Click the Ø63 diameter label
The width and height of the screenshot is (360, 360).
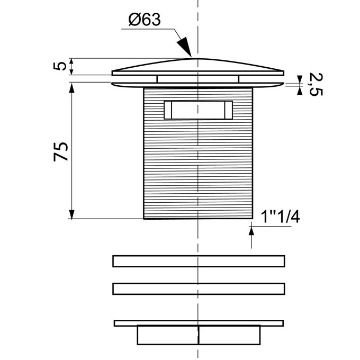point(145,20)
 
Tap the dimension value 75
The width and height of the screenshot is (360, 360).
point(61,152)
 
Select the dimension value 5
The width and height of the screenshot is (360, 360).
point(60,66)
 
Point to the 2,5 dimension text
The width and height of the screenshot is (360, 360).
point(316,84)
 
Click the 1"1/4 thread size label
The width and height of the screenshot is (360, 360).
point(281,217)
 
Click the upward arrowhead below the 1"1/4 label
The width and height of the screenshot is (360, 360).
point(251,230)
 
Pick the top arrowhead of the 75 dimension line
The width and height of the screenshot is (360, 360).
point(72,88)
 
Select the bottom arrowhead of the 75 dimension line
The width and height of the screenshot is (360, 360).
point(72,214)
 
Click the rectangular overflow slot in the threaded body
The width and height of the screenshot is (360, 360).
point(198,110)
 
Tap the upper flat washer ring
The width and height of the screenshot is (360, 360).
point(199,261)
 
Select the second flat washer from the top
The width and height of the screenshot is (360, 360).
point(199,289)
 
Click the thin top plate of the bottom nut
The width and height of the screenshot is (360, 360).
point(199,323)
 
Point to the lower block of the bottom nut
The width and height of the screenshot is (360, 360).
point(199,335)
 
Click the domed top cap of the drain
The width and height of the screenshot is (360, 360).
point(198,67)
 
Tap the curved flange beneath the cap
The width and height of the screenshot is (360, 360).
point(198,85)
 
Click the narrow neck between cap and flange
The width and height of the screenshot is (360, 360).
point(198,79)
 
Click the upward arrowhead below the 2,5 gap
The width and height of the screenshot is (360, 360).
point(300,91)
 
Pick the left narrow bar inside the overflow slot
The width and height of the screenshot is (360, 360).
point(168,110)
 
